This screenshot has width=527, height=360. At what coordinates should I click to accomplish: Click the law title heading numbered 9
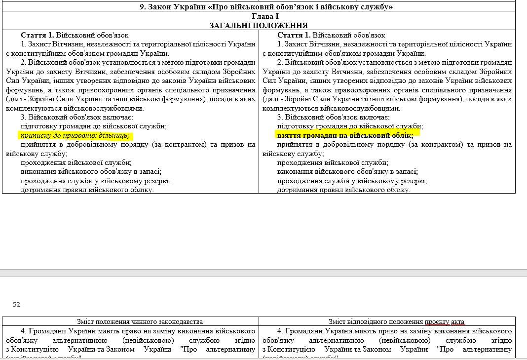(x=266, y=6)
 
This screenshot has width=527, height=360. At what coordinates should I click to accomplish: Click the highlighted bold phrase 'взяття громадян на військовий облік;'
(x=345, y=135)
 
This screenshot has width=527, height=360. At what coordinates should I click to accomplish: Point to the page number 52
(x=16, y=304)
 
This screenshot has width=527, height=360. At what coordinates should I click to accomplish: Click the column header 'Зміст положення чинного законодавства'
(x=130, y=321)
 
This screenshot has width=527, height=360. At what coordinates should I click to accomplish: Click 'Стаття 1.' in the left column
(x=38, y=35)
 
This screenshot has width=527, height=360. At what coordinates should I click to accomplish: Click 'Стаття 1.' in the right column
(x=294, y=35)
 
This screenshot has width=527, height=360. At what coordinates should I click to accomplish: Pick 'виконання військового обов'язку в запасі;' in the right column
(x=347, y=171)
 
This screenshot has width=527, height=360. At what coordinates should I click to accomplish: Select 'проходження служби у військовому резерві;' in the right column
(x=352, y=181)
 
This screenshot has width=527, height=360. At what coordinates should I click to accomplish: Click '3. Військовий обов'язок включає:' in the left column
(x=76, y=117)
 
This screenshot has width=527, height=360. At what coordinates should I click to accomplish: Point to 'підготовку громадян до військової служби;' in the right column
(x=350, y=126)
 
